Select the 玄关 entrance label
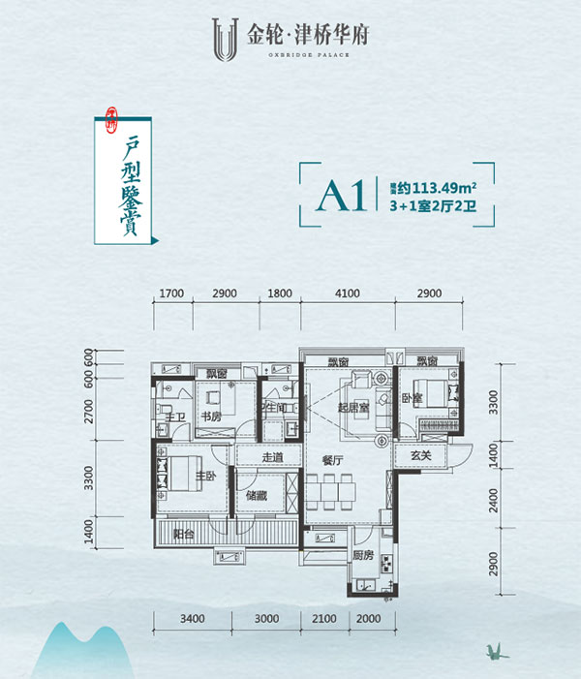(420, 456)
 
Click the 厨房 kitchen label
(362, 555)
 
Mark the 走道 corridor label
(272, 458)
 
